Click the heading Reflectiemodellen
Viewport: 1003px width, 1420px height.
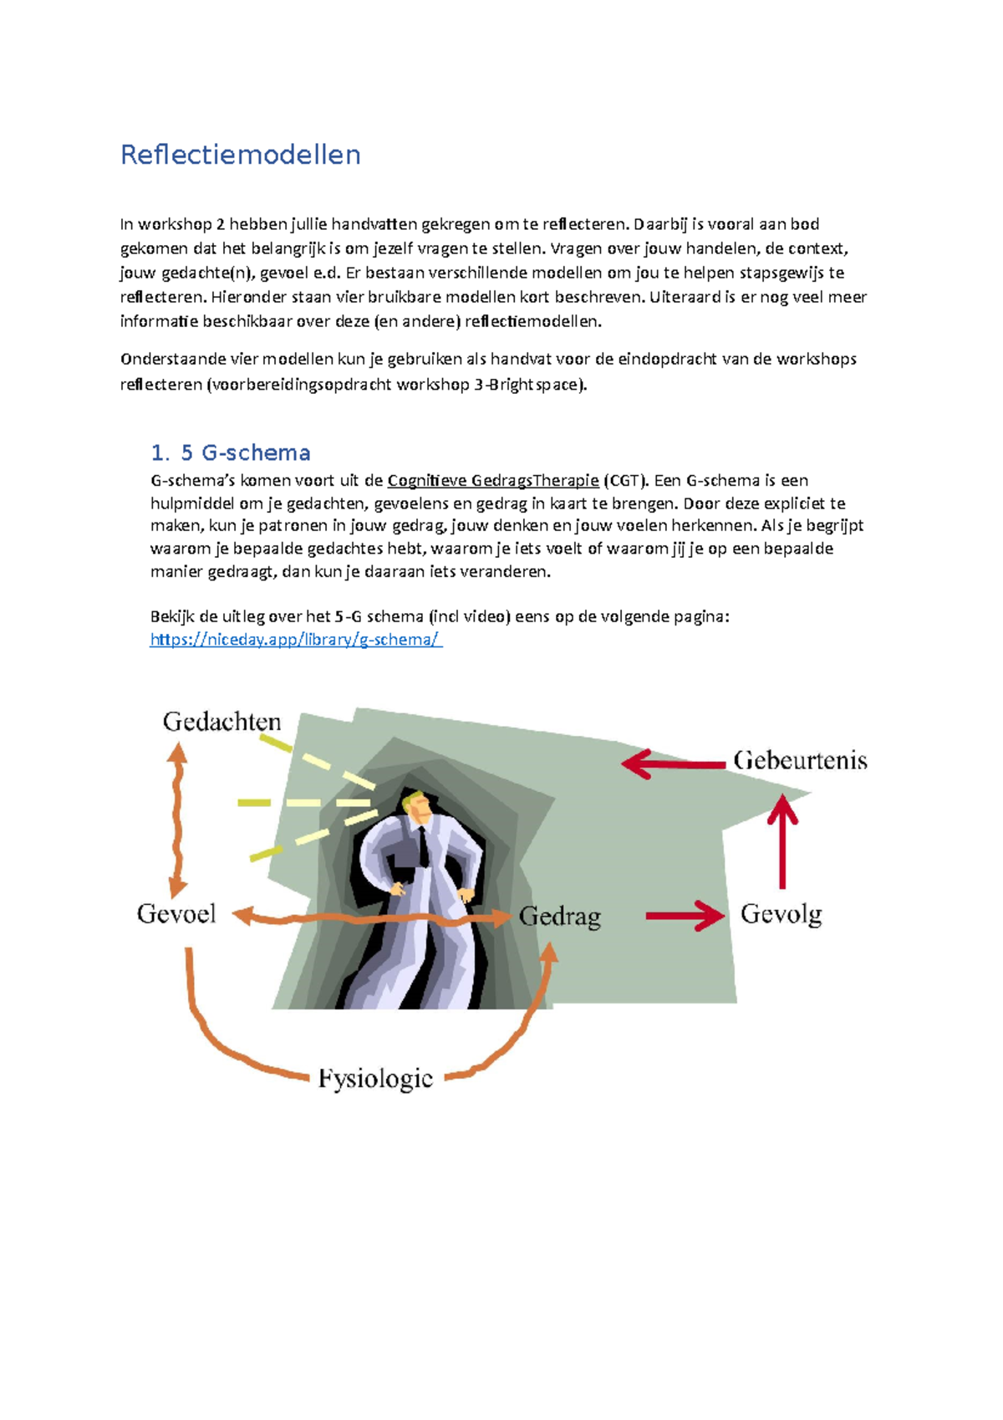(240, 156)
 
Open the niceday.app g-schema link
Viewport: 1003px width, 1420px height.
(295, 640)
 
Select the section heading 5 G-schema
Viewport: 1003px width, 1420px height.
(230, 453)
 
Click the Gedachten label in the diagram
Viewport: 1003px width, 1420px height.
(221, 722)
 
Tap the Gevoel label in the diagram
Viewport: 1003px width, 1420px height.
(176, 914)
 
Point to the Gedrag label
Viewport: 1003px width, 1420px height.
(559, 917)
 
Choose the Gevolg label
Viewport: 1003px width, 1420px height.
(781, 914)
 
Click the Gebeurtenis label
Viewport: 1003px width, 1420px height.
(800, 761)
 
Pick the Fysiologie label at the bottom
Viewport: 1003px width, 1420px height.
(375, 1079)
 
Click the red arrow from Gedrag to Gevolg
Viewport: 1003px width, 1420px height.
(685, 916)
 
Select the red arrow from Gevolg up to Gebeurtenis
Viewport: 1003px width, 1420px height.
(782, 840)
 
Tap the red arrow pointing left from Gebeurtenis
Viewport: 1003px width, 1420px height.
(673, 764)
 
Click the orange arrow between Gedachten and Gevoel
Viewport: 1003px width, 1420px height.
(176, 820)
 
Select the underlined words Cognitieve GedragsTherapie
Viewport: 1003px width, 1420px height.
(493, 481)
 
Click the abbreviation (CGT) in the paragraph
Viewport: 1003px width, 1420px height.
(626, 481)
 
